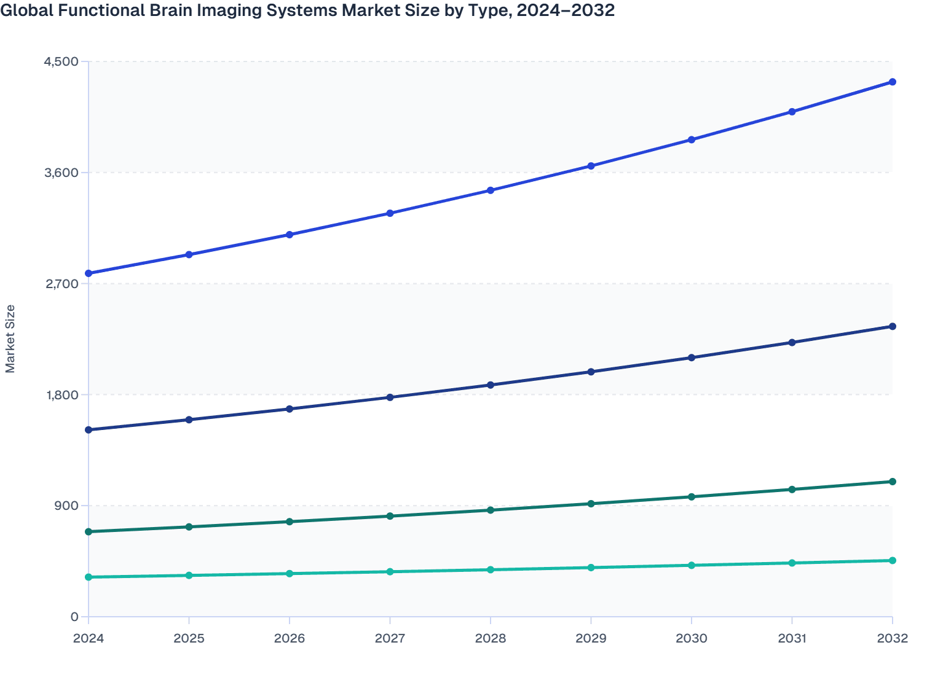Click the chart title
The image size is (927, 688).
pyautogui.click(x=307, y=10)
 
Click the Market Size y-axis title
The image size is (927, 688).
pyautogui.click(x=10, y=338)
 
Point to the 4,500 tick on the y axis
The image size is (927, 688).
pyautogui.click(x=61, y=61)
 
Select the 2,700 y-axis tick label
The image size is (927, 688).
pyautogui.click(x=61, y=284)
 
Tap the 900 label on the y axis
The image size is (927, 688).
pyautogui.click(x=66, y=506)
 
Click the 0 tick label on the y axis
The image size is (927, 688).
pyautogui.click(x=74, y=617)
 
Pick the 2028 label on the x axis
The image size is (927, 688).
pyautogui.click(x=491, y=638)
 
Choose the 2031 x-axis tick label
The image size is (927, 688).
pyautogui.click(x=792, y=638)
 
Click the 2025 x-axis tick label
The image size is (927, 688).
pyautogui.click(x=189, y=638)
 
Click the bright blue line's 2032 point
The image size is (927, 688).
pyautogui.click(x=892, y=82)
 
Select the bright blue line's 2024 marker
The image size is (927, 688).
pyautogui.click(x=89, y=273)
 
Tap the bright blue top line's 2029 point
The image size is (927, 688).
pyautogui.click(x=591, y=166)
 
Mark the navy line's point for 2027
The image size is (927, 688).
pyautogui.click(x=390, y=397)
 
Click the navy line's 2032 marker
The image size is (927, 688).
pyautogui.click(x=892, y=326)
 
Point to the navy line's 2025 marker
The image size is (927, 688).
pyautogui.click(x=189, y=420)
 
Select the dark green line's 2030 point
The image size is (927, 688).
pyautogui.click(x=692, y=496)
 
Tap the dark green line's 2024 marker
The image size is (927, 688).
pyautogui.click(x=89, y=531)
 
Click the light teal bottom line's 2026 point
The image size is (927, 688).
pyautogui.click(x=290, y=574)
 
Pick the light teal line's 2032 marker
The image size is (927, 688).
pyautogui.click(x=892, y=560)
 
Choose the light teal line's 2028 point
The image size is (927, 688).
pyautogui.click(x=491, y=569)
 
